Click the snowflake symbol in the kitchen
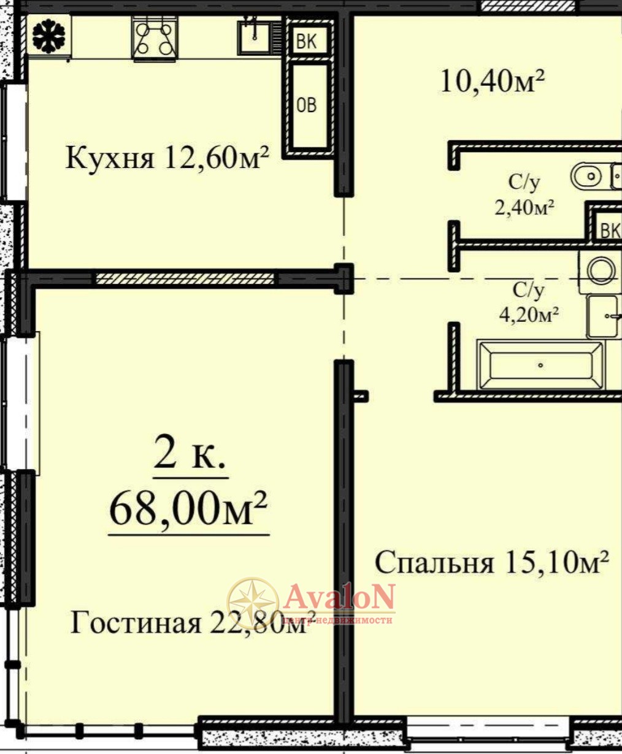click(48, 36)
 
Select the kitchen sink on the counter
click(255, 37)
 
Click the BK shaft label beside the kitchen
click(307, 41)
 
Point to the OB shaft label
click(307, 105)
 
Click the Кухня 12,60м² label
click(167, 158)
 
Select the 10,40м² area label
click(492, 82)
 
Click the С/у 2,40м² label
click(524, 195)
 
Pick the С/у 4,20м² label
click(529, 303)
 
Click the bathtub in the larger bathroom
click(540, 365)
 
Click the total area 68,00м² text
click(188, 509)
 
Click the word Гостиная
click(136, 622)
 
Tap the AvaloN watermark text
click(339, 596)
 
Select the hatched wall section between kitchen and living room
click(185, 278)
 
